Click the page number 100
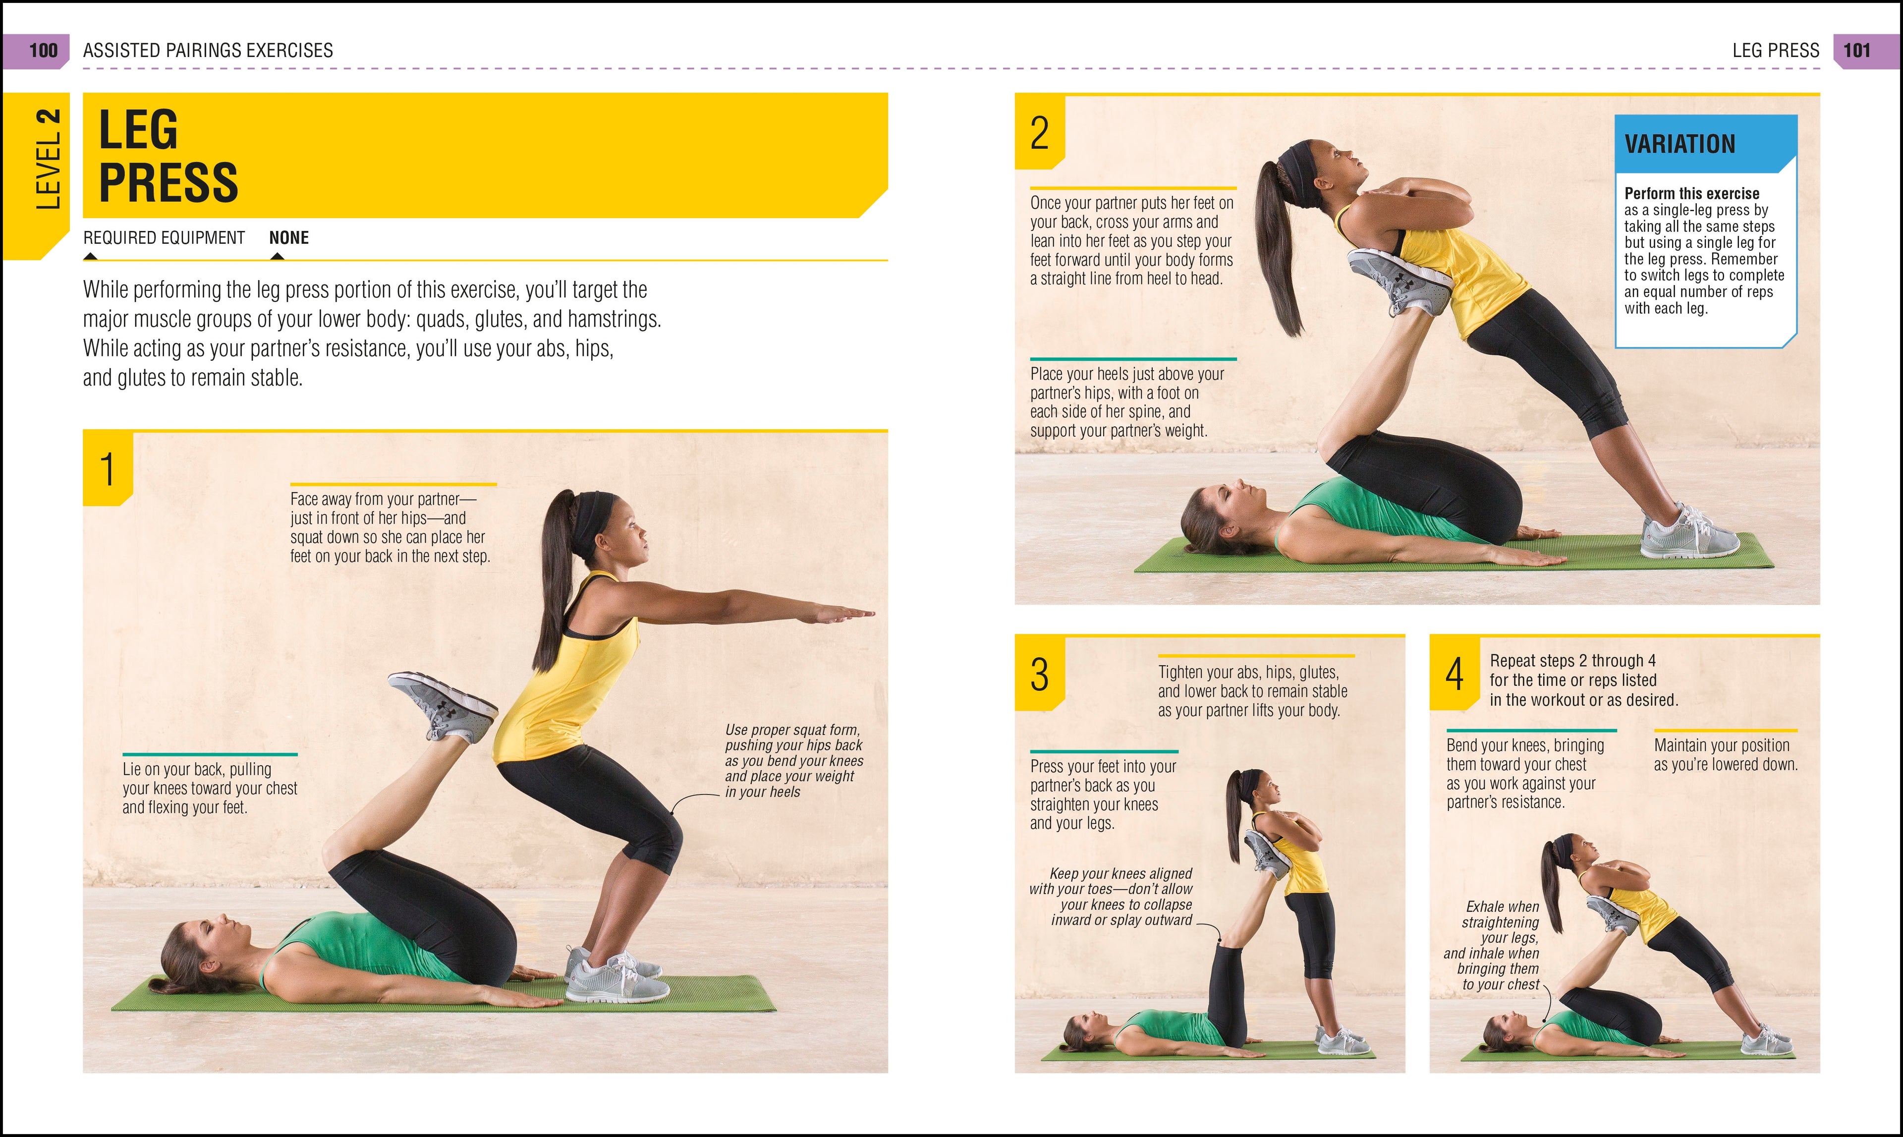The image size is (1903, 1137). tap(43, 51)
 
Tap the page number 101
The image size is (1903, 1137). tap(1857, 51)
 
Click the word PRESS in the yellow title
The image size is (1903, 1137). tap(168, 182)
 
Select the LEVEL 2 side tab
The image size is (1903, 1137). tap(48, 160)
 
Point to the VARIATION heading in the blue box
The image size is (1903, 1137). tap(1679, 144)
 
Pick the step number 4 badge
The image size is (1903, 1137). tap(1454, 674)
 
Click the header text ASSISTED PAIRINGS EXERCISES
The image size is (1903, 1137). tap(208, 51)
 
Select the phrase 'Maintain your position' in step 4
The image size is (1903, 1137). tap(1722, 745)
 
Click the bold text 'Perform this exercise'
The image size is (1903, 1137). tap(1691, 194)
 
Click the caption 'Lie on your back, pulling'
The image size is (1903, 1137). tap(197, 769)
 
